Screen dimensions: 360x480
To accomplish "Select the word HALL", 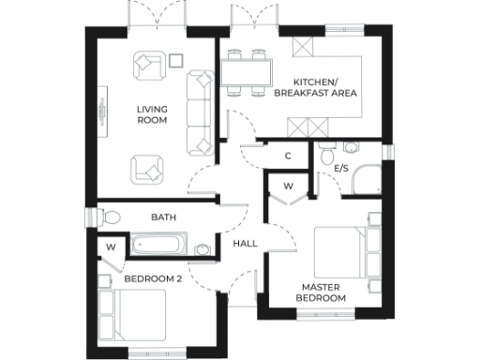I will (x=245, y=244).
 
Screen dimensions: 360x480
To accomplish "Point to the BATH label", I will (x=164, y=217).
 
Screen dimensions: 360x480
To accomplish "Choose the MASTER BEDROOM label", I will (x=323, y=292).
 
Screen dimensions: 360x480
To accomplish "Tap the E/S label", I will (x=341, y=169).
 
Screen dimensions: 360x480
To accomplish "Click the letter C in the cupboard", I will (x=288, y=155).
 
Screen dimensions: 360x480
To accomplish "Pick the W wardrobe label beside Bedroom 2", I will (x=111, y=247).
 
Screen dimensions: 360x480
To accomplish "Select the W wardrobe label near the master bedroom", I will (x=288, y=186).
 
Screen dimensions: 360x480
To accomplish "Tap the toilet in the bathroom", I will (x=111, y=217).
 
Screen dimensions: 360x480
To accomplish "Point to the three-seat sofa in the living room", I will (x=201, y=112).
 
